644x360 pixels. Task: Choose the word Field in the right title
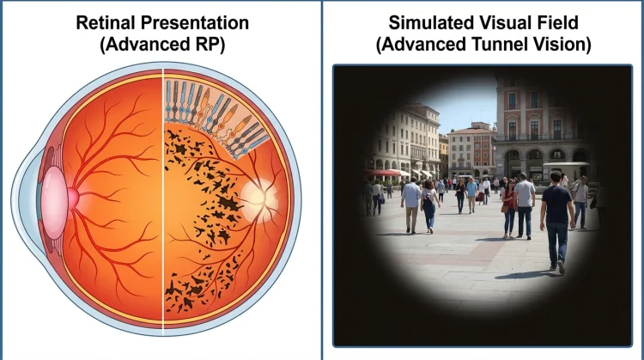(x=559, y=22)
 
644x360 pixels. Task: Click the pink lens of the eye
(x=54, y=203)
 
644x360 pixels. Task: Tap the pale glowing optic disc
(x=258, y=198)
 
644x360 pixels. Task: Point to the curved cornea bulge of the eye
(x=28, y=201)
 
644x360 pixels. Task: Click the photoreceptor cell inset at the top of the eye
(x=215, y=114)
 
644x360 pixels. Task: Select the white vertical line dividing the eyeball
(x=163, y=198)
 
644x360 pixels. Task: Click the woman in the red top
(x=509, y=209)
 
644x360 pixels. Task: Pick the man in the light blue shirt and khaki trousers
(x=411, y=205)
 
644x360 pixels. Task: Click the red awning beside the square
(x=382, y=173)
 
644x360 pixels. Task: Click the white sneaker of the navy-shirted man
(x=561, y=267)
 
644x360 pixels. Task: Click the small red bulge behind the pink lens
(x=73, y=198)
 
